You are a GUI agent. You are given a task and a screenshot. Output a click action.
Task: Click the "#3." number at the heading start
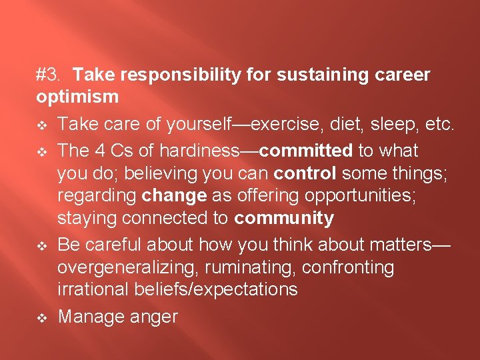click(x=49, y=75)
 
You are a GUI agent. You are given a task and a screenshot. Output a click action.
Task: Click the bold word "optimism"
click(x=77, y=97)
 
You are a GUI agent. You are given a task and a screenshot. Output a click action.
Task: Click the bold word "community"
click(x=284, y=218)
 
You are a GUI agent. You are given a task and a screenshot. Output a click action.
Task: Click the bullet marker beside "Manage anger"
click(x=41, y=316)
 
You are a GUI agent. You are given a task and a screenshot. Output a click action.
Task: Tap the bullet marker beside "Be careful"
click(x=41, y=245)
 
